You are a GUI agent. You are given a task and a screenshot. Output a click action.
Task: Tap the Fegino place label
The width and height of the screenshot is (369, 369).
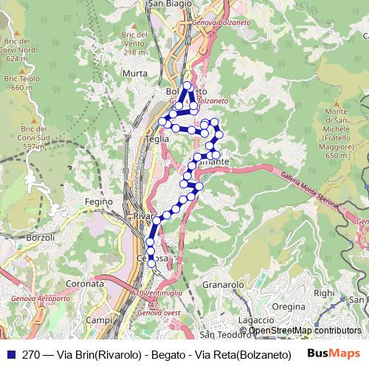point(98,201)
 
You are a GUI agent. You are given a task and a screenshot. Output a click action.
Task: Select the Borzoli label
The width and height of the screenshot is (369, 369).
point(40,238)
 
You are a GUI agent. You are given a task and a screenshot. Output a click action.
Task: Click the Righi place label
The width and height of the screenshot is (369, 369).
point(324,292)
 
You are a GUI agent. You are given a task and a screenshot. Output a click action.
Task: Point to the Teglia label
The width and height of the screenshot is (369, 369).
point(157,138)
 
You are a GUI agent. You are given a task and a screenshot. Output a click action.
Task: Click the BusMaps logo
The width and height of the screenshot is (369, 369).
point(333,354)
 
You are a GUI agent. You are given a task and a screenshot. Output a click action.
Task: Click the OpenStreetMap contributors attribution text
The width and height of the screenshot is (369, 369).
point(304,331)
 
